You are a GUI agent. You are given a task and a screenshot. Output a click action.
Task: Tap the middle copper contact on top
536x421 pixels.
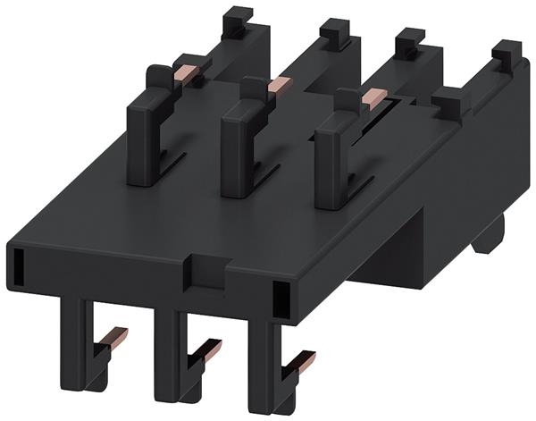point(279,84)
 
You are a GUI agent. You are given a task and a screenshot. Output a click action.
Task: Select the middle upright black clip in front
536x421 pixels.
point(243,147)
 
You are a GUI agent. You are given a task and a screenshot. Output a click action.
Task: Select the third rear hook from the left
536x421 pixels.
point(410,42)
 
